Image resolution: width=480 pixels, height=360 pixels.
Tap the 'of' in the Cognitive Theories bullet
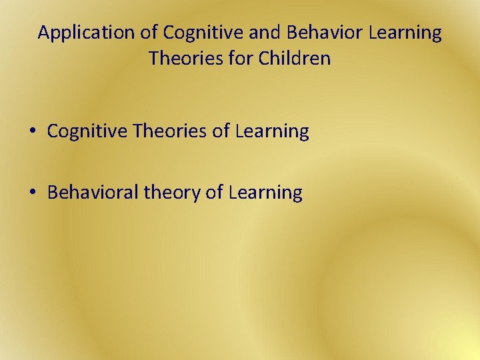point(221,132)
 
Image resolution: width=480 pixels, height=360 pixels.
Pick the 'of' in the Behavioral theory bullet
point(214,193)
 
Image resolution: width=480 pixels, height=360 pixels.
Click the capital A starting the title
point(44,33)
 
